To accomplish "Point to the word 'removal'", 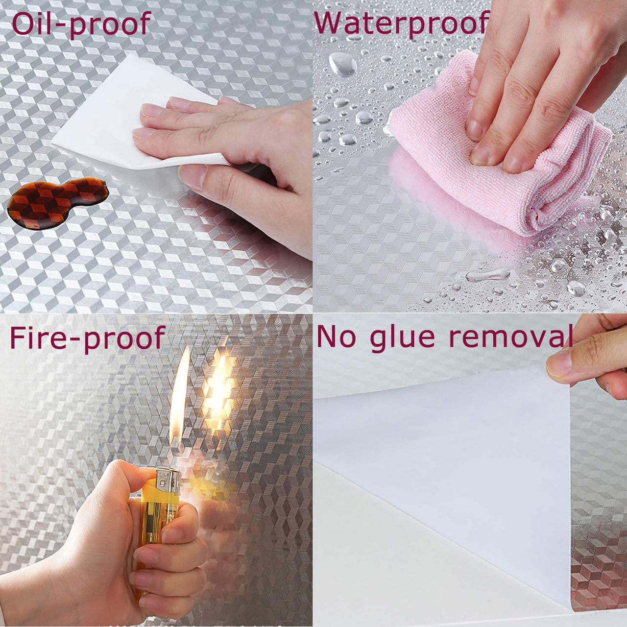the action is pyautogui.click(x=511, y=337).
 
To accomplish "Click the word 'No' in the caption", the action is pyautogui.click(x=336, y=337).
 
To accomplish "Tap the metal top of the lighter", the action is pyautogui.click(x=168, y=482).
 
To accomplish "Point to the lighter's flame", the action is pyautogui.click(x=179, y=410).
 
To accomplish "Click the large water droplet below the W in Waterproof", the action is pyautogui.click(x=341, y=64).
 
